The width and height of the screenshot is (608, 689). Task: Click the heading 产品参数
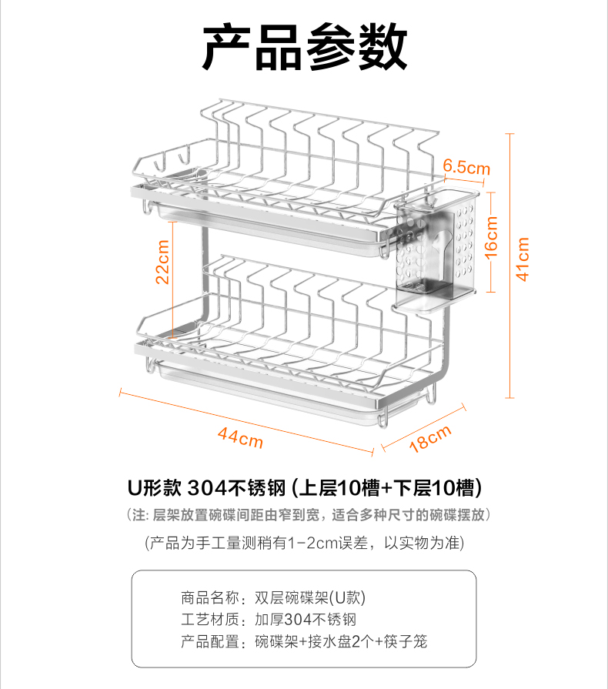tap(304, 48)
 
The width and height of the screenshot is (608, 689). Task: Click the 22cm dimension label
tap(163, 263)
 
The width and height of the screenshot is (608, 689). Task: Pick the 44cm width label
tap(240, 436)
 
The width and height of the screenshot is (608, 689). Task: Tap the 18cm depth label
tap(429, 440)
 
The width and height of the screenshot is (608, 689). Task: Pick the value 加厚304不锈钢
tap(305, 620)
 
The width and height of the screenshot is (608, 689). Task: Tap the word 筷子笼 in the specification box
tap(406, 641)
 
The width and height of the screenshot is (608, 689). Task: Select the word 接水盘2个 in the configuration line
tap(345, 641)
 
